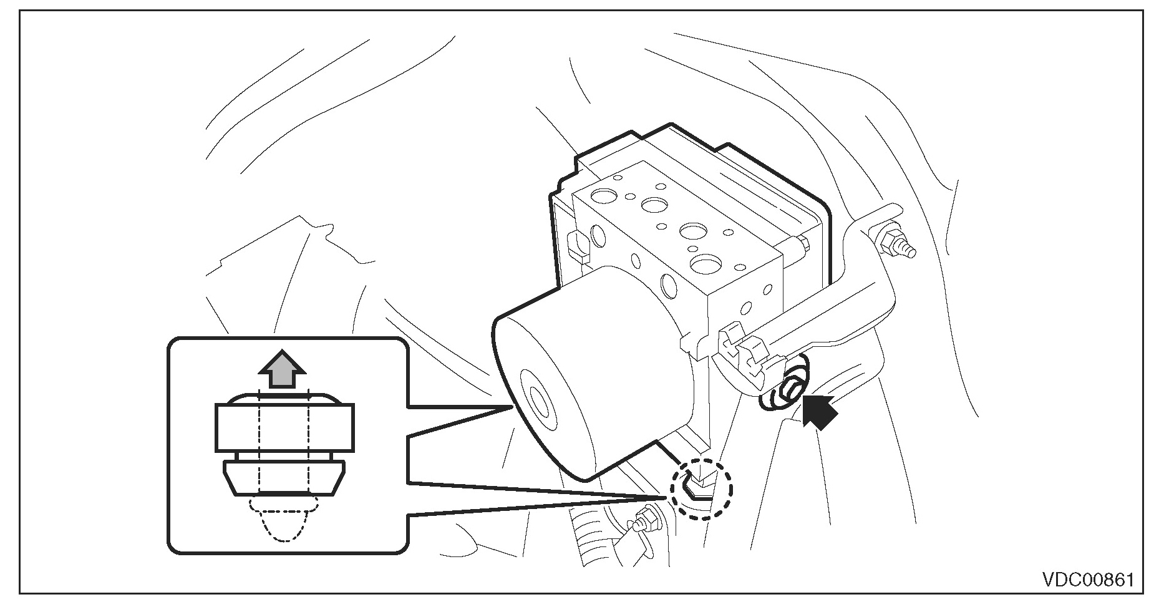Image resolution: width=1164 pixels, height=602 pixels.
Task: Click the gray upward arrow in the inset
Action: (x=283, y=372)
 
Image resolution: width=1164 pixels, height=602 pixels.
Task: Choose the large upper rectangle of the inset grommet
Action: (x=284, y=427)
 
